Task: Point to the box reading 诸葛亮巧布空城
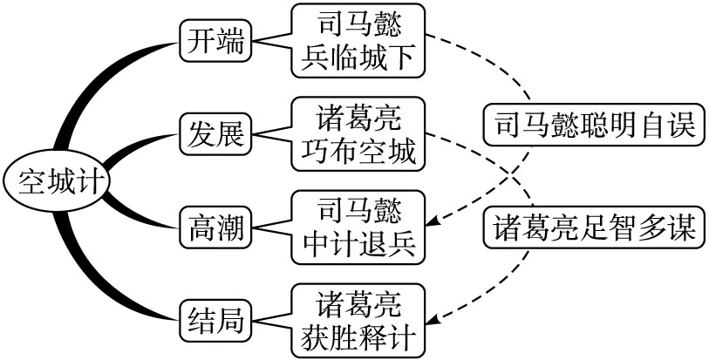click(x=358, y=134)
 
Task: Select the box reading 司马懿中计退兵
click(x=358, y=228)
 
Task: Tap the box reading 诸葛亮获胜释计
click(x=358, y=320)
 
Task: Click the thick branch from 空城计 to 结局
click(x=96, y=279)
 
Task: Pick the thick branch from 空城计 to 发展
click(x=131, y=148)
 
